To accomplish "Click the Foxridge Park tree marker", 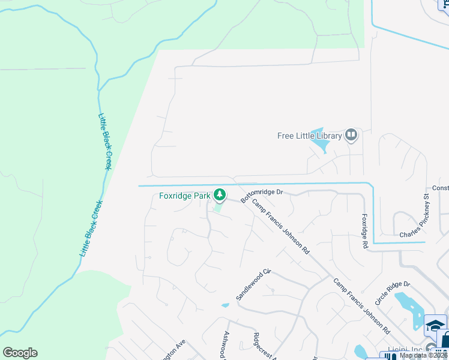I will (220, 194).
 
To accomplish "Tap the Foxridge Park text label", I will (185, 196).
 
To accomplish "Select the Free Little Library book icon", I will (351, 135).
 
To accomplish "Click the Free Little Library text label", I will (309, 136).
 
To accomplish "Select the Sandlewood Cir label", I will (254, 285).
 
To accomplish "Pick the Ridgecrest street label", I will (262, 346).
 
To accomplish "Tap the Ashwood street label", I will (227, 346).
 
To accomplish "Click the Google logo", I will (20, 353).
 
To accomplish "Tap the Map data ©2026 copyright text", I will (423, 355).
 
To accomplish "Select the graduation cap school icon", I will (435, 326).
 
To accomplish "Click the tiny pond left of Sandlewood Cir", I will (225, 305).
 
